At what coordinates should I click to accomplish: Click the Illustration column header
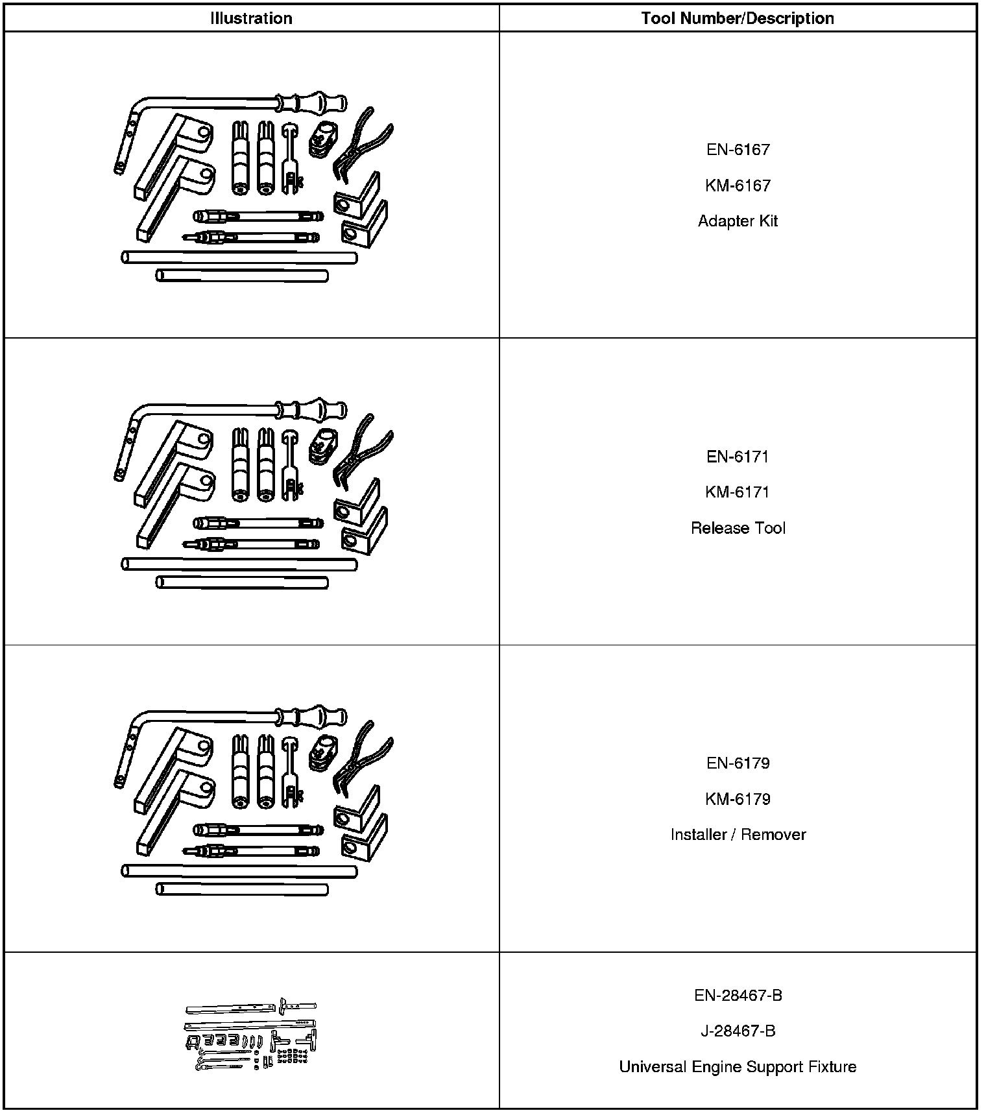pyautogui.click(x=251, y=18)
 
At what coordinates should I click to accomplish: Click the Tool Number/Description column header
pyautogui.click(x=738, y=18)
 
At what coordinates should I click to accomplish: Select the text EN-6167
pyautogui.click(x=738, y=150)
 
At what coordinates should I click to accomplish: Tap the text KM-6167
pyautogui.click(x=738, y=185)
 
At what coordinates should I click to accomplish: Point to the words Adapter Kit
pyautogui.click(x=738, y=221)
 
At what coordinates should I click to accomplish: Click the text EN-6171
pyautogui.click(x=738, y=457)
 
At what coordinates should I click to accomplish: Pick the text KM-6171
pyautogui.click(x=738, y=492)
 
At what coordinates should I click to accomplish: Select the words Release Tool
pyautogui.click(x=738, y=528)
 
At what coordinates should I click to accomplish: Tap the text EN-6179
pyautogui.click(x=738, y=763)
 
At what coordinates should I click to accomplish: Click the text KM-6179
pyautogui.click(x=738, y=799)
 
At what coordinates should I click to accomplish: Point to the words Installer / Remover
pyautogui.click(x=738, y=835)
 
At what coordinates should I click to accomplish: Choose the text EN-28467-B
pyautogui.click(x=738, y=996)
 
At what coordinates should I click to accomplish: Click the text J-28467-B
pyautogui.click(x=738, y=1031)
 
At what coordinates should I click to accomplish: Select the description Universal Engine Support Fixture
pyautogui.click(x=738, y=1067)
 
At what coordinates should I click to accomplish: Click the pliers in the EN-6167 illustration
pyautogui.click(x=360, y=143)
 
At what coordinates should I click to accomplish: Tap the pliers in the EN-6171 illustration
pyautogui.click(x=360, y=449)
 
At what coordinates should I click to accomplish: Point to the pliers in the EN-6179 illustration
pyautogui.click(x=360, y=756)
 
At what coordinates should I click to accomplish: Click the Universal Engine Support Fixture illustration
pyautogui.click(x=251, y=1034)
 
